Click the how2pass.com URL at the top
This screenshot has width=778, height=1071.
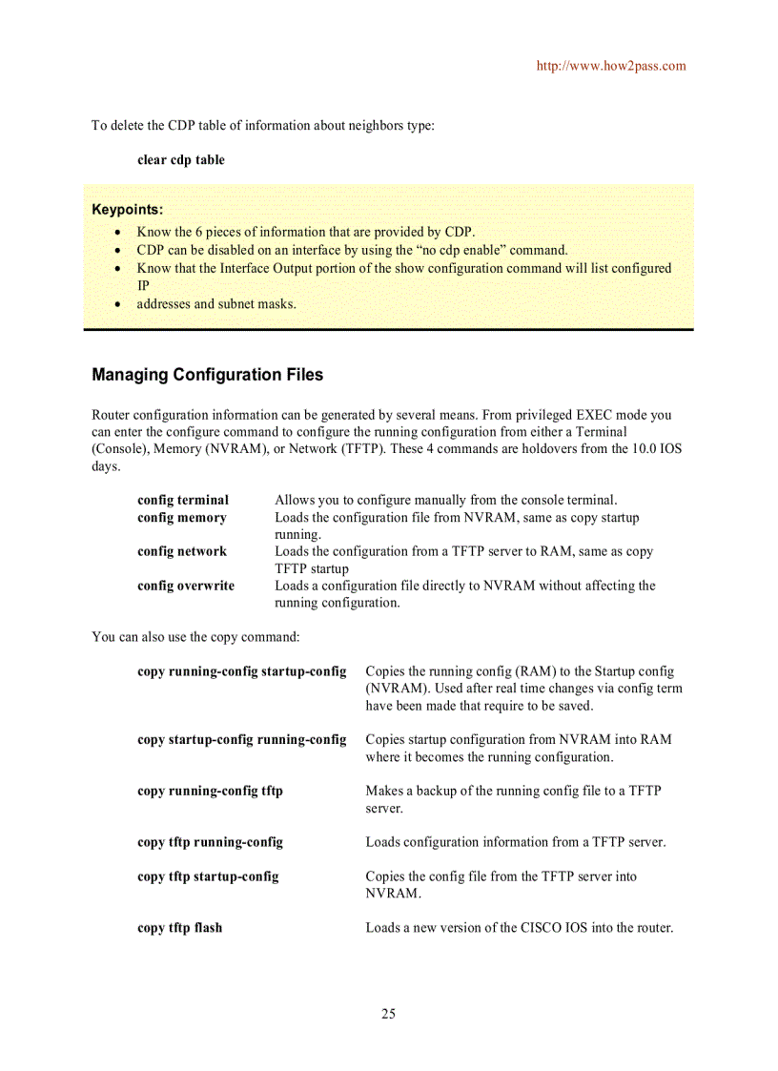coord(611,66)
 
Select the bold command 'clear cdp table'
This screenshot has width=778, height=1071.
coord(181,160)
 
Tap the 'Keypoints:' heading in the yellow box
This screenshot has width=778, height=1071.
coord(127,210)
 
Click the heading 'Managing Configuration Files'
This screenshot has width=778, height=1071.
coord(207,375)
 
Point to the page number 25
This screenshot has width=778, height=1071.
coord(388,1014)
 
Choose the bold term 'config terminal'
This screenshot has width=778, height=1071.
coord(183,500)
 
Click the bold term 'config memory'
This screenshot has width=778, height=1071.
coord(182,518)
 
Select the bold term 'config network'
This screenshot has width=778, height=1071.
coord(182,551)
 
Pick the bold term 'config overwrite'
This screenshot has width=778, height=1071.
coord(186,586)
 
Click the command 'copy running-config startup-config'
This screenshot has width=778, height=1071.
coord(241,671)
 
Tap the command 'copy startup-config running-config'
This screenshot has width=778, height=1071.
coord(241,739)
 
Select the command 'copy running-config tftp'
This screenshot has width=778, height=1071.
coord(210,791)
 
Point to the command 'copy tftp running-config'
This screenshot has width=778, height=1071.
coord(210,842)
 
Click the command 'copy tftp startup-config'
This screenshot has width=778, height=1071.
coord(208,876)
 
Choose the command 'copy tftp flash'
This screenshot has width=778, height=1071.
coord(179,928)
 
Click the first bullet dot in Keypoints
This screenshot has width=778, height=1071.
coord(116,232)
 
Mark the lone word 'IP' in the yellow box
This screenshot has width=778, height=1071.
coord(144,285)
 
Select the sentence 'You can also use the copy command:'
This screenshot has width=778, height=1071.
coord(195,636)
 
